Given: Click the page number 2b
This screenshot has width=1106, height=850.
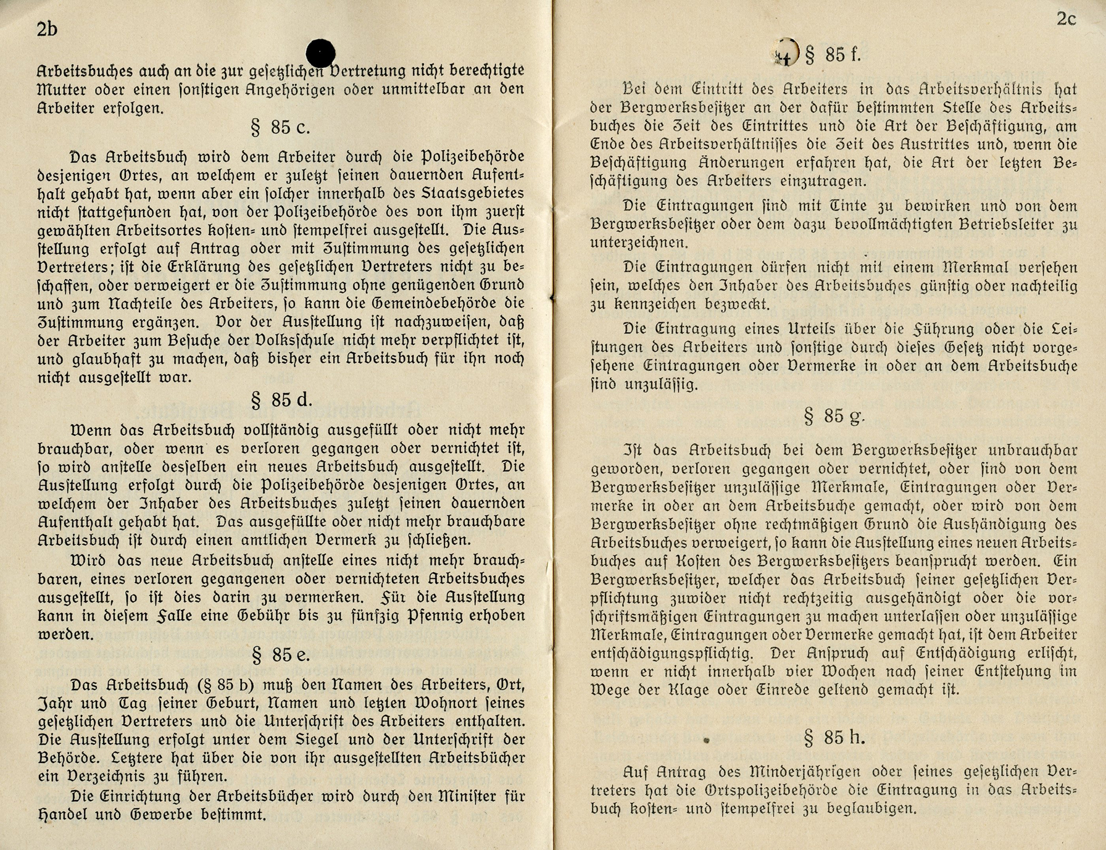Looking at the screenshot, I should coord(47,29).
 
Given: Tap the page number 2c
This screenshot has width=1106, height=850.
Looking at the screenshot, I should coord(1066,19).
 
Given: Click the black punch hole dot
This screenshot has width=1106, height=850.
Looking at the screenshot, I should coord(320,52).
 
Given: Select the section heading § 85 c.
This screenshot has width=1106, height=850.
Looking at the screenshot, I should coord(280,128).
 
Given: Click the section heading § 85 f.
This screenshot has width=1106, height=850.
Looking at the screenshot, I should coord(833,55).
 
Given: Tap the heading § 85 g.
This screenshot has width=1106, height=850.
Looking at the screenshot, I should coord(833,416).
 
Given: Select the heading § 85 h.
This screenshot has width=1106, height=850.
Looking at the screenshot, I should coord(834,737).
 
